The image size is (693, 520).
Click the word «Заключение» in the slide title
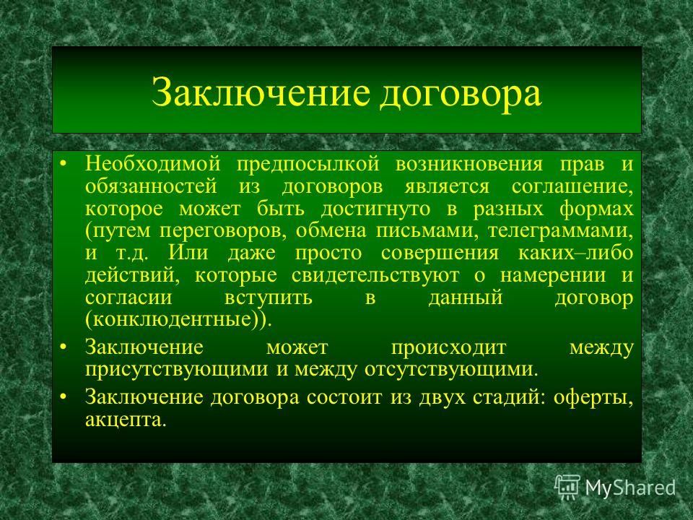tap(261, 92)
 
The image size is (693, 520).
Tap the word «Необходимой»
tap(153, 164)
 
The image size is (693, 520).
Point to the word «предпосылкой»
tap(308, 165)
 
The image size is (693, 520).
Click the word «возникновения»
tap(469, 165)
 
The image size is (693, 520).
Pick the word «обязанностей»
tap(151, 186)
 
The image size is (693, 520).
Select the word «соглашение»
tap(572, 187)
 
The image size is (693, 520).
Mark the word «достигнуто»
tap(375, 209)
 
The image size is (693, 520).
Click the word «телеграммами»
tap(560, 231)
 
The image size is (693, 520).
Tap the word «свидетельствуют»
tap(375, 275)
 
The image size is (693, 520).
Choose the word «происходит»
tap(448, 348)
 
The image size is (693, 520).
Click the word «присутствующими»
tap(176, 370)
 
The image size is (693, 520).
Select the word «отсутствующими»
tap(450, 370)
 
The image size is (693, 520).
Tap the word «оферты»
tap(593, 397)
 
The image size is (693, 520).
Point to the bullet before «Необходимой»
tap(64, 165)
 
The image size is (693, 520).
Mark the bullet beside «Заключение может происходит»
tap(64, 348)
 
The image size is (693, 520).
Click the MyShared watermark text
tap(631, 488)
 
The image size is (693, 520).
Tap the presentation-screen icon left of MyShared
tap(567, 487)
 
